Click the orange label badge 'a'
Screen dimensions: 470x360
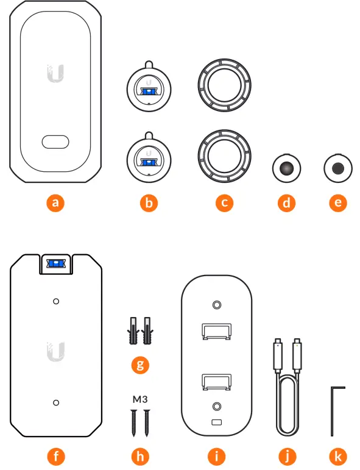[55, 203]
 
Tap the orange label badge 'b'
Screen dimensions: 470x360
[149, 203]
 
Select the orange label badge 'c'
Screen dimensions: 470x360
[224, 203]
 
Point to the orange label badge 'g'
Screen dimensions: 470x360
[140, 365]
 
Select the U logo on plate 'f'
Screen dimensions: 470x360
[55, 351]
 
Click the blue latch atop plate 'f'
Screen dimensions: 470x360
[55, 263]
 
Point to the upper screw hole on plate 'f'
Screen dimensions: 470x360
[55, 301]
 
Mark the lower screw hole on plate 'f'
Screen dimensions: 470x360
[55, 402]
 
